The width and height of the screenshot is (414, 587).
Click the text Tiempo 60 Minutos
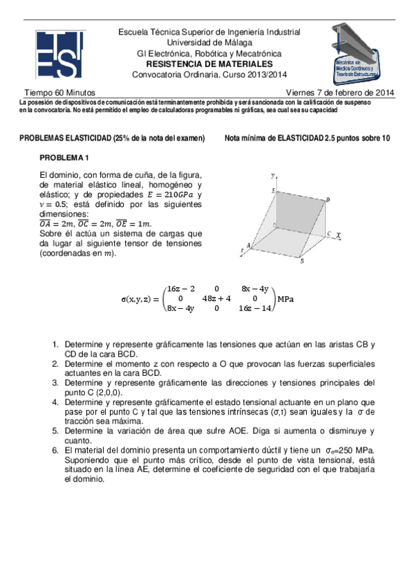click(x=60, y=92)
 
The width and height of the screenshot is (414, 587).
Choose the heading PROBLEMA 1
click(x=69, y=158)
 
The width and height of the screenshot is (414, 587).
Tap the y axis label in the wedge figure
click(x=274, y=174)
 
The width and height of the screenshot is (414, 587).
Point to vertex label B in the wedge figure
click(x=301, y=262)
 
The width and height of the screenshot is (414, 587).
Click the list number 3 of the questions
click(x=56, y=382)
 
